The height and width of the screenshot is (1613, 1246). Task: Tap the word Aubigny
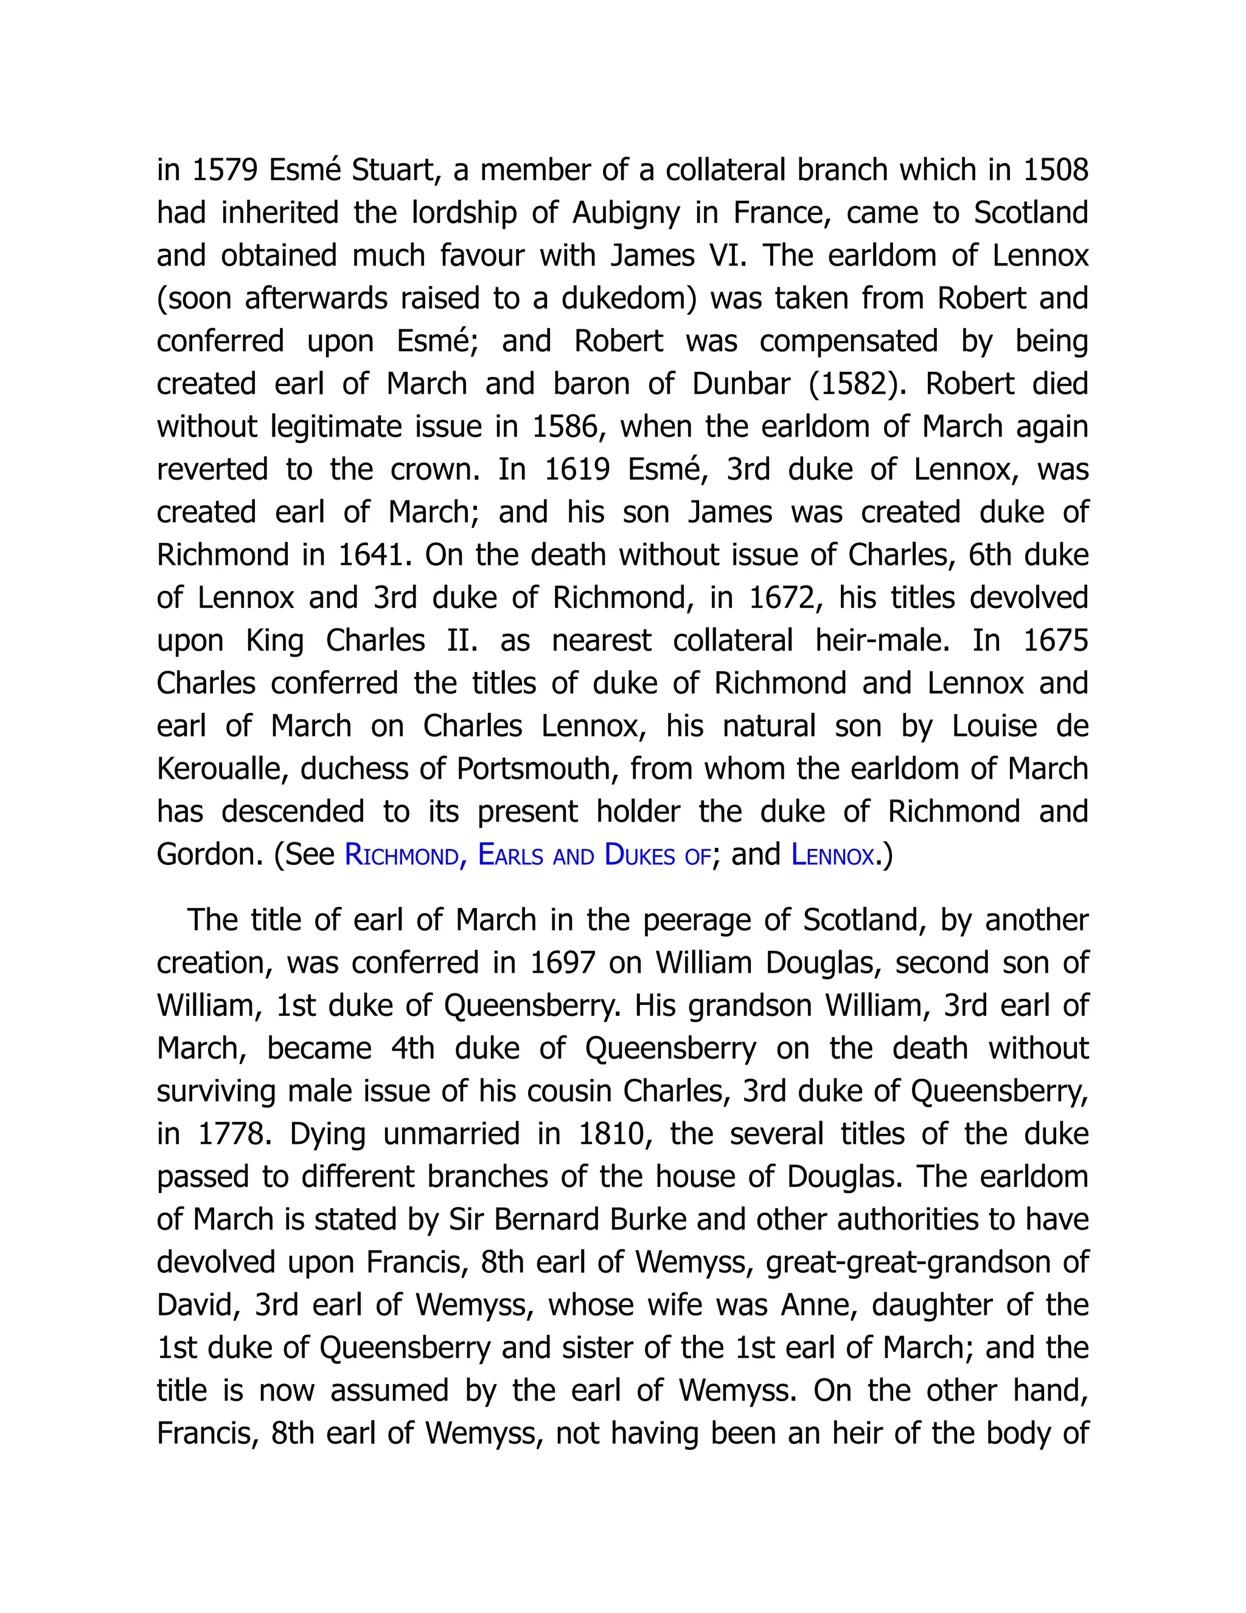626,214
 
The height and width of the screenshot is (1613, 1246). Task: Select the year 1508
1056,170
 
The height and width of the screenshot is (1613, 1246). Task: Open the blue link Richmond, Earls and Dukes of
527,855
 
